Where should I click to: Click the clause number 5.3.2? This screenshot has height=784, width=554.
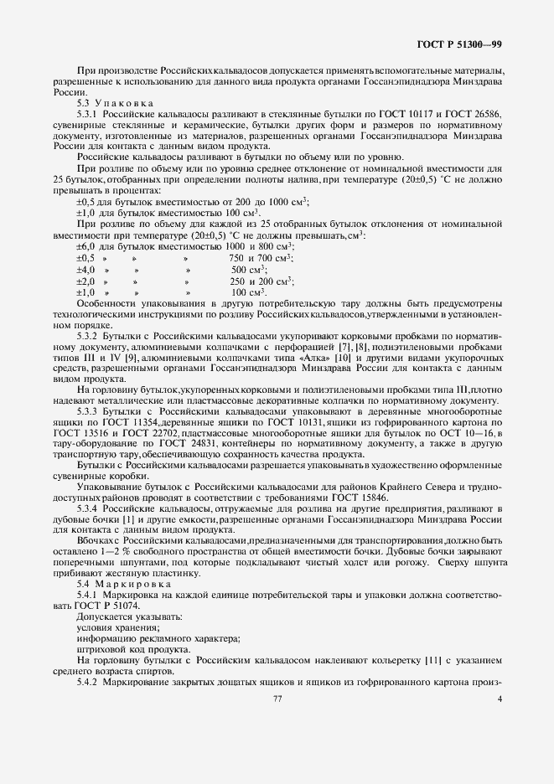point(89,334)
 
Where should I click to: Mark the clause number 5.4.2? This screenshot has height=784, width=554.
point(89,683)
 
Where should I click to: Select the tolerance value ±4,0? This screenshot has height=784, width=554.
point(85,271)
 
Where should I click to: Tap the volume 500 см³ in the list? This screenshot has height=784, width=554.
point(249,271)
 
